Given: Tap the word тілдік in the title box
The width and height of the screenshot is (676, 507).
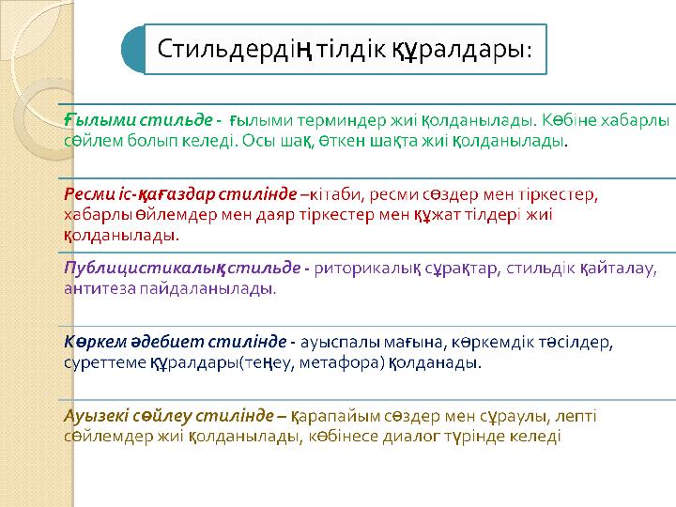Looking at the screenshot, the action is (351, 49).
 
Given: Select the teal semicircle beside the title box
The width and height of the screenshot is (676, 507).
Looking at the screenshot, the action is (132, 49).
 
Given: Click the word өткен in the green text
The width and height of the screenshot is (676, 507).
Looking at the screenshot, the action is (343, 141).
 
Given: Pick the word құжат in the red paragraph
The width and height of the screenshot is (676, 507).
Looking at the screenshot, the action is (438, 215).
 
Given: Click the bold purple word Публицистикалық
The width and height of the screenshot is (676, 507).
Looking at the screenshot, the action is (145, 269).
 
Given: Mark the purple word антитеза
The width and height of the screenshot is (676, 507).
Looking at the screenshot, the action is (100, 289).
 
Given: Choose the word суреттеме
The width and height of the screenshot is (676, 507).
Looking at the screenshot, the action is (105, 363).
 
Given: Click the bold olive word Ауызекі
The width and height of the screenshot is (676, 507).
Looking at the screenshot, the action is (96, 416).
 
